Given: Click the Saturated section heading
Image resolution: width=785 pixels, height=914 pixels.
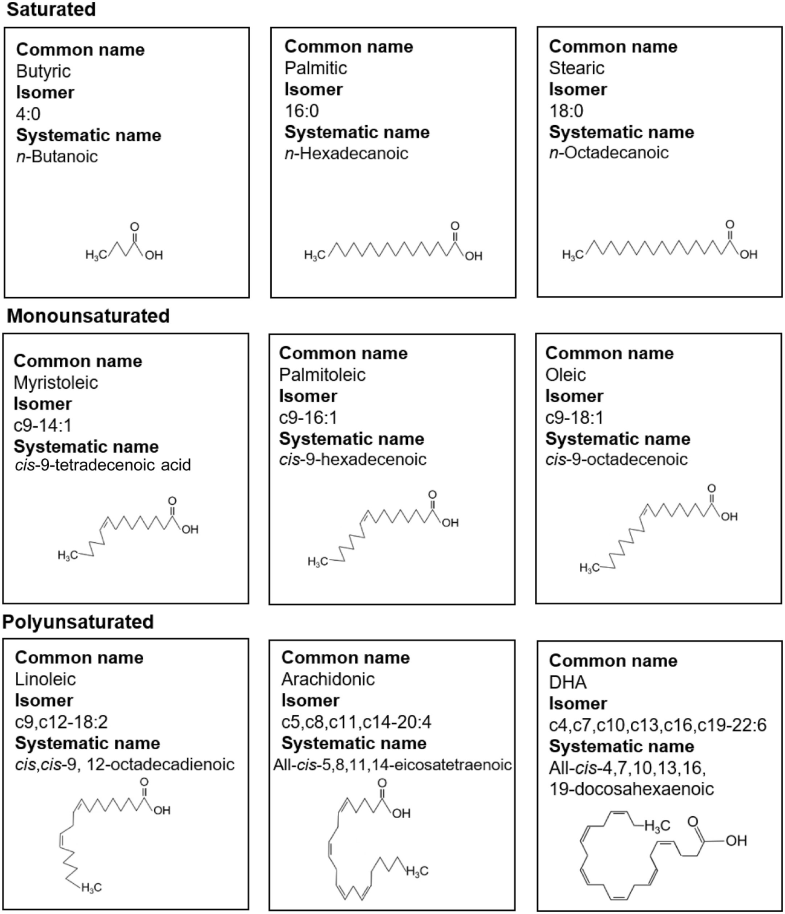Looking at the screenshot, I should pos(51,10).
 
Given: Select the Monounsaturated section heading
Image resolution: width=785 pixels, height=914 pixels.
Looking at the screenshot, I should pos(88,316).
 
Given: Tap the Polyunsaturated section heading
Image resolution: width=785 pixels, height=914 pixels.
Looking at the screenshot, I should pos(79,622).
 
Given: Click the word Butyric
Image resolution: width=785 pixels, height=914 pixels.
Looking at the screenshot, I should pos(44,71).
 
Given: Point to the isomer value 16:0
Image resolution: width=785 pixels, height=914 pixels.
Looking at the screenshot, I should pos(302,111).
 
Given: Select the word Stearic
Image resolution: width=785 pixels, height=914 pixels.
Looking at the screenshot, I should pos(577,68).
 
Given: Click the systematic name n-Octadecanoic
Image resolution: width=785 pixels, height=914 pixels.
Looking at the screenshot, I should pos(609,153).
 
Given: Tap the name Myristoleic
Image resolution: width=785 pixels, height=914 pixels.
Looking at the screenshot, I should pos(56,383).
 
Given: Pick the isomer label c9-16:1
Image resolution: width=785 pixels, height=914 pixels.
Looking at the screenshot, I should pos(308,418).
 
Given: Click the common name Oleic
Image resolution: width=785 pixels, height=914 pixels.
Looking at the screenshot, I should pos(566,375).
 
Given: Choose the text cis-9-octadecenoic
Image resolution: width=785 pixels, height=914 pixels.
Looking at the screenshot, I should pos(616,459).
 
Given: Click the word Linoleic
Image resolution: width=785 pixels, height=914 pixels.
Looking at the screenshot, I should pos(45,679).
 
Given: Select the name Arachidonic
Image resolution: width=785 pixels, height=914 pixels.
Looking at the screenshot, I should pos(328,679).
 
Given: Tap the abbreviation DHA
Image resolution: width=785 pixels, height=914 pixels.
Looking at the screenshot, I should pos(568,682).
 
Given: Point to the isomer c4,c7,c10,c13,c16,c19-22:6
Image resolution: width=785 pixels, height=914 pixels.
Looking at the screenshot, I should pos(657,725).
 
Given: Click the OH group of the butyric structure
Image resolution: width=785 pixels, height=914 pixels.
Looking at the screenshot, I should pos(154,255).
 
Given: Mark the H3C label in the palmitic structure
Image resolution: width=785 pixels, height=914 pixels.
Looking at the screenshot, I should pos(314,256).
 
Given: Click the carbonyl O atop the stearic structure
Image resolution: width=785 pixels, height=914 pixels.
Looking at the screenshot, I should pos(729,225).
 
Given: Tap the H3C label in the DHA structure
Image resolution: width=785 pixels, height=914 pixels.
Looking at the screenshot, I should pos(657,826).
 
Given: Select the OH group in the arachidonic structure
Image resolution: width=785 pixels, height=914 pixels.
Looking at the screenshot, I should pos(401,814).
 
